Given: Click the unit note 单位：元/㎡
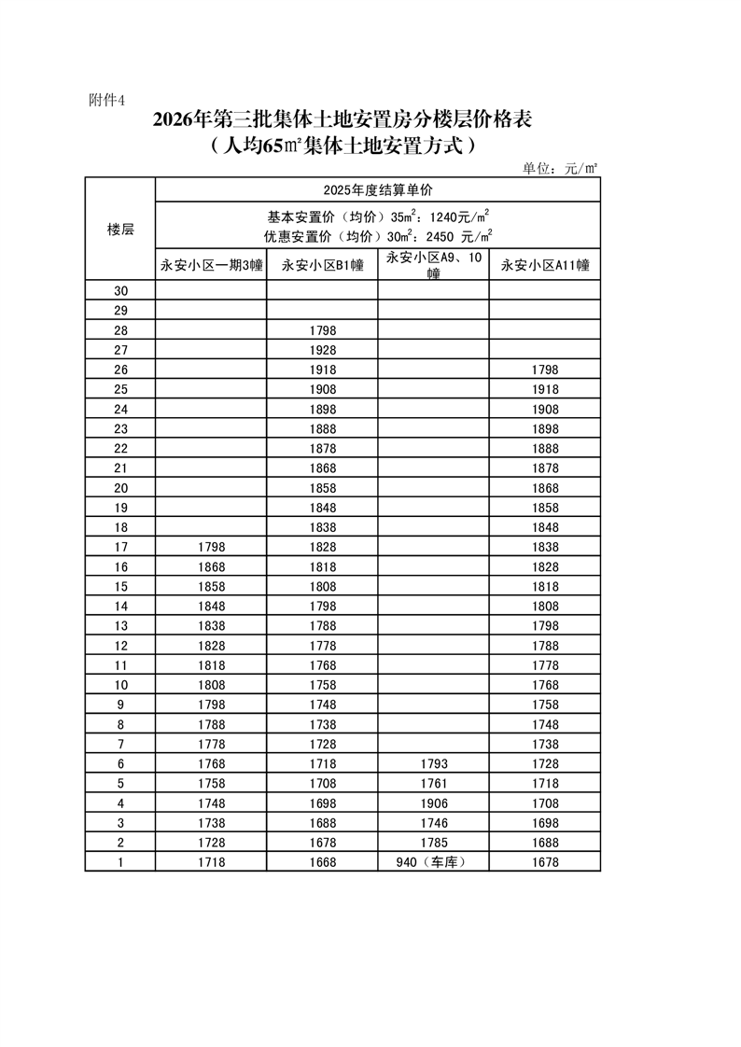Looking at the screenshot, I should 559,168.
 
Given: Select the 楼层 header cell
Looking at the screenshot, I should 120,230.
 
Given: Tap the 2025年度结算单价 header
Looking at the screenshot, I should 378,189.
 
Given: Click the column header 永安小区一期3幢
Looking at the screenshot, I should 211,265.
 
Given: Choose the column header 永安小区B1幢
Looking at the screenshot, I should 322,265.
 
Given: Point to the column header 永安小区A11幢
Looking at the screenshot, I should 545,265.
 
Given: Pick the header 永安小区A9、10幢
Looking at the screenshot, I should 434,265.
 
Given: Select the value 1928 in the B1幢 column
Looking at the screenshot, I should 322,350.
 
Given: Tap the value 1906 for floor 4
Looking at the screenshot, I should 434,803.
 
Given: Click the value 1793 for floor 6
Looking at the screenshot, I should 434,764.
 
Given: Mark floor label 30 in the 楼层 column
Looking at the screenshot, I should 120,291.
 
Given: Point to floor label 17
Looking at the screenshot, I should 120,547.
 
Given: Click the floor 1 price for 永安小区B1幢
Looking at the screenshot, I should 322,862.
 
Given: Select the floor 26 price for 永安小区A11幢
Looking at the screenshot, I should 545,370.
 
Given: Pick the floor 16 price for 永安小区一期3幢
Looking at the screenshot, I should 211,567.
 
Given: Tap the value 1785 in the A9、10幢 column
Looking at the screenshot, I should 434,843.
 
